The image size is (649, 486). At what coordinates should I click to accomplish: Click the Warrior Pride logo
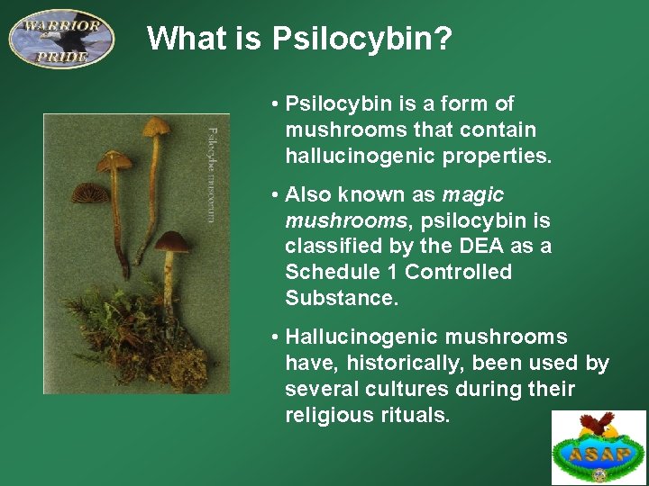click(61, 39)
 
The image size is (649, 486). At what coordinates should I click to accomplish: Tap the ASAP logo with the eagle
click(599, 447)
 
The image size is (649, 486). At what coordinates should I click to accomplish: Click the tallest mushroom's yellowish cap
click(156, 126)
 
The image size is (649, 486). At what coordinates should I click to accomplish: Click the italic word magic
click(473, 195)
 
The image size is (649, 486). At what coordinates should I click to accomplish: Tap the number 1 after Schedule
click(390, 273)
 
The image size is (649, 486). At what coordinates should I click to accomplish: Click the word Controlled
click(458, 273)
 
